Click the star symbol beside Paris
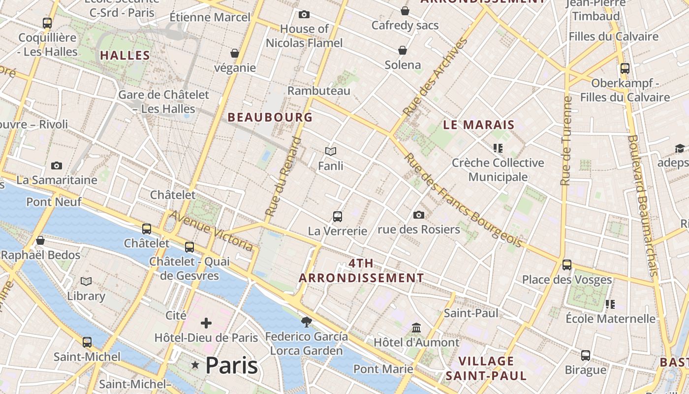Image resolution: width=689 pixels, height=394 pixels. click(195, 365)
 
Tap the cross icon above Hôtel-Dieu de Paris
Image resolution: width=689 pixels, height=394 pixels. click(206, 323)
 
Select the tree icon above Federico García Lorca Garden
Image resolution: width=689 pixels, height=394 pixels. click(307, 322)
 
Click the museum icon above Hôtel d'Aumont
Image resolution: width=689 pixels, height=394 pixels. click(416, 328)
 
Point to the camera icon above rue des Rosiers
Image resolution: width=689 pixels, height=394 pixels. click(419, 215)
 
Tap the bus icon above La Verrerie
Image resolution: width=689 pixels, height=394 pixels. click(338, 216)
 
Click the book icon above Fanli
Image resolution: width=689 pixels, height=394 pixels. click(331, 151)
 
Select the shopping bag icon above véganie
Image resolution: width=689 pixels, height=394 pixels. click(235, 53)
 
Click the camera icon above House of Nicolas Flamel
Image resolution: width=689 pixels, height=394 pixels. click(304, 14)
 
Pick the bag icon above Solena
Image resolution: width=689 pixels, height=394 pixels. click(403, 50)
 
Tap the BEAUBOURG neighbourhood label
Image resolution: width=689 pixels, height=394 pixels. click(270, 117)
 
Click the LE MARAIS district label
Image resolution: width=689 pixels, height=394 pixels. click(478, 125)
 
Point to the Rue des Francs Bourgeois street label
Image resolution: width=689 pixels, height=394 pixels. click(463, 200)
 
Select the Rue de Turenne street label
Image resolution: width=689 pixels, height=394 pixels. click(566, 141)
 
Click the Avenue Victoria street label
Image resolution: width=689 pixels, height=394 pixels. click(211, 230)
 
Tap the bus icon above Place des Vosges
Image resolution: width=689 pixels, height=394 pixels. click(567, 265)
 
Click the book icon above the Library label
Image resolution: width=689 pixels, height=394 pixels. click(86, 281)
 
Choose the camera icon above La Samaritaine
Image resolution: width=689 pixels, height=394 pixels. click(57, 165)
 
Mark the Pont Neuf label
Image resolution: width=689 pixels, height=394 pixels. click(54, 201)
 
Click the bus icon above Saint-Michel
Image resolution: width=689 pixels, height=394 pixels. click(87, 342)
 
